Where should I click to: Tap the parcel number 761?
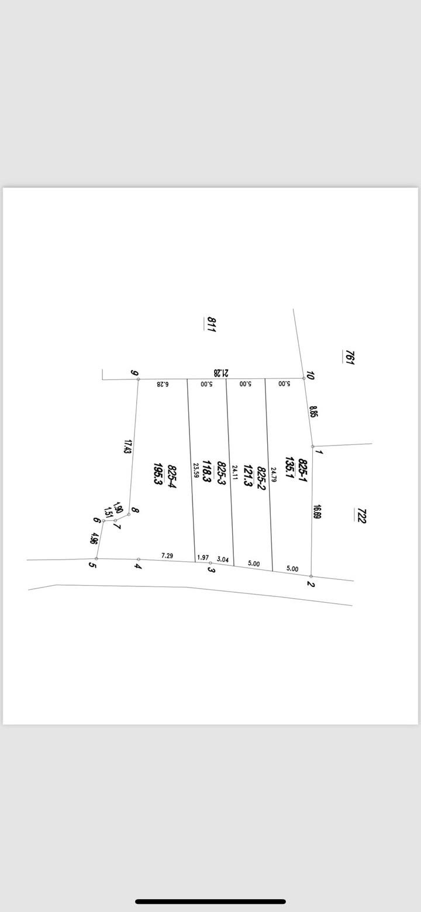(350, 357)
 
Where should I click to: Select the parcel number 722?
(361, 516)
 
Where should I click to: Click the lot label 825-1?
(302, 470)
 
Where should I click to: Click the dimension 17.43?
(127, 448)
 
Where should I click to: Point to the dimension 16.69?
(318, 512)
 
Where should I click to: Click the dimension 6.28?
(163, 384)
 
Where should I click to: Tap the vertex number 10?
(310, 376)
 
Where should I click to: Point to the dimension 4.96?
(95, 538)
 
